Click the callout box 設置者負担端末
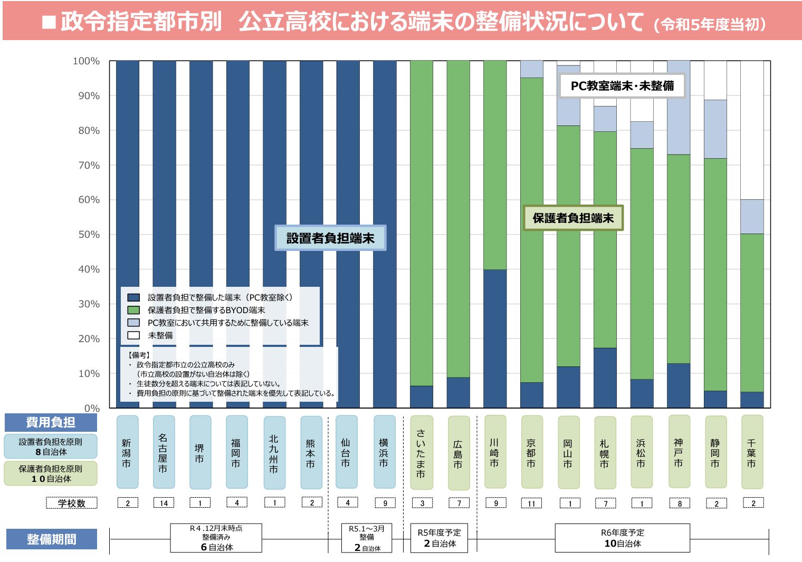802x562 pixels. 330,238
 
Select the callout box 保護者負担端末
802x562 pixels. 573,218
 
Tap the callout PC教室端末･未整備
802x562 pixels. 622,86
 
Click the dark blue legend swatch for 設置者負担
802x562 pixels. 134,297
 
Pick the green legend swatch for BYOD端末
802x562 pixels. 134,310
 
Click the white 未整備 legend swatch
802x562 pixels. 134,335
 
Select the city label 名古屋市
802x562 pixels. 164,452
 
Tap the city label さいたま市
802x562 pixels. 421,453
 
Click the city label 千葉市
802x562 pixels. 752,452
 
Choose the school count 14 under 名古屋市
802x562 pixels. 164,503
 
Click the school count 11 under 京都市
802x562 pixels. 531,503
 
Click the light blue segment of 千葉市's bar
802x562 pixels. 752,217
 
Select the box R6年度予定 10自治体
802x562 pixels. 622,538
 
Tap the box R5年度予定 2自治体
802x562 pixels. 440,538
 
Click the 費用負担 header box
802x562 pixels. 51,422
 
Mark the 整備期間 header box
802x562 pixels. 51,539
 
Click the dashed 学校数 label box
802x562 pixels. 72,503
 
